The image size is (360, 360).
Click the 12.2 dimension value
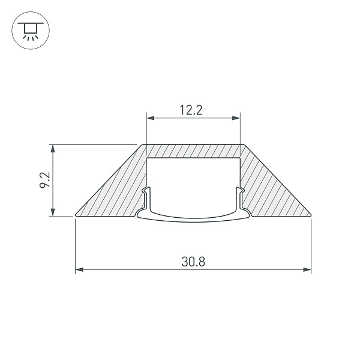(x=191, y=110)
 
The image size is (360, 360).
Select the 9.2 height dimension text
(x=44, y=180)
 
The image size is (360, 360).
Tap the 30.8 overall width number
(x=193, y=262)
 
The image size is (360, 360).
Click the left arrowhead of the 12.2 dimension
(x=151, y=118)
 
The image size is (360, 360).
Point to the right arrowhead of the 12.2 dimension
(x=236, y=118)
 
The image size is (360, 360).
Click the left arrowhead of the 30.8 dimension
(x=79, y=269)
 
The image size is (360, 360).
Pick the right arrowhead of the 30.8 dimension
(x=307, y=269)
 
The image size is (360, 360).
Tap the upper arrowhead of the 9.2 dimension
(x=53, y=149)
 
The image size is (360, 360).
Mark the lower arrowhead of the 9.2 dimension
(x=53, y=212)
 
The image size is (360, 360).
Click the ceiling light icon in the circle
(x=31, y=31)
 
